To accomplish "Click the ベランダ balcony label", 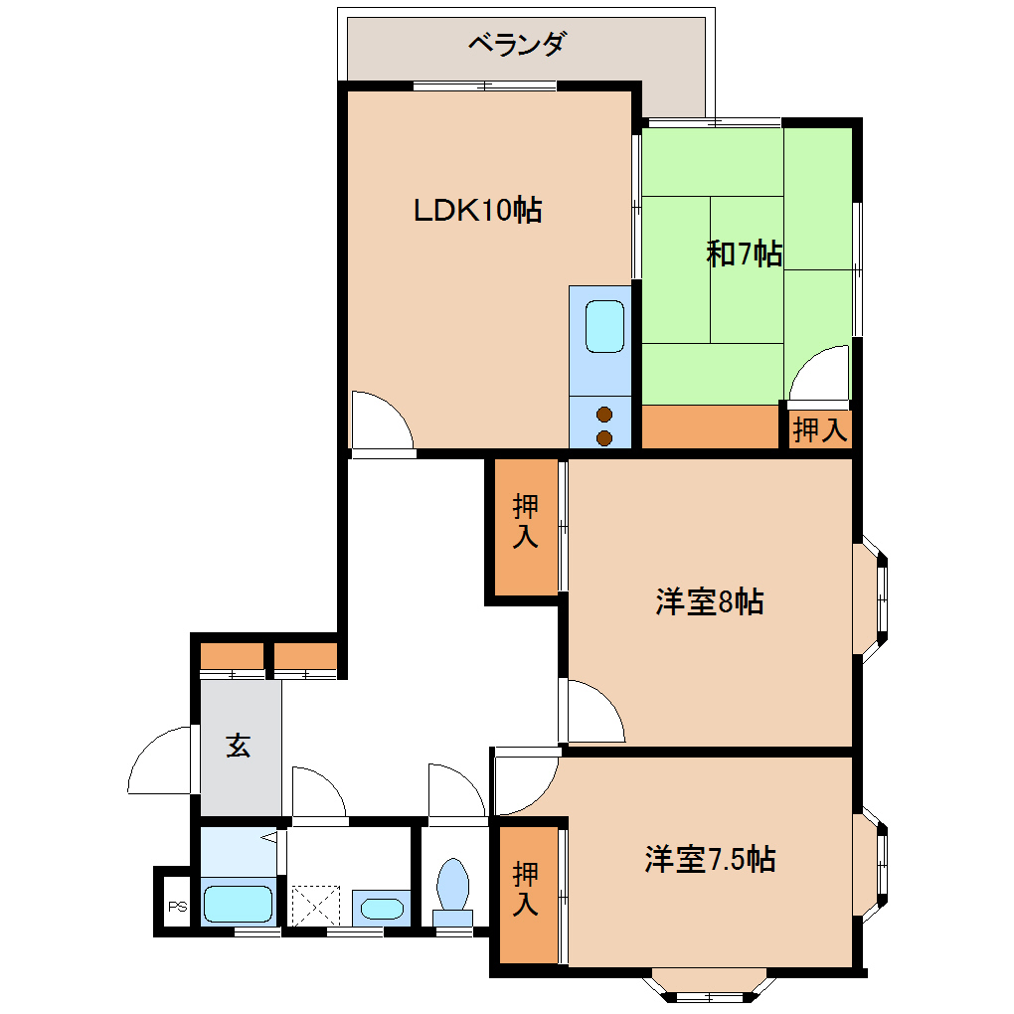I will coord(517,45).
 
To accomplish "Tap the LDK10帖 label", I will coord(477,211).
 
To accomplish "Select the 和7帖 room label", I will coord(744,254).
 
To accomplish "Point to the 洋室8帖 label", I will coord(709,601).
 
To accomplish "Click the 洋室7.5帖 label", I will coord(709,859).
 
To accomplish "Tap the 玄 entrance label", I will coord(238,745).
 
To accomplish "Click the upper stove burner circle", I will coord(603,414).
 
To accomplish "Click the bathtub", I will coord(239,904).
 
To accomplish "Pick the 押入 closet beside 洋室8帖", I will coord(526,523).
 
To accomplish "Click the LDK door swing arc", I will coord(383,421).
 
